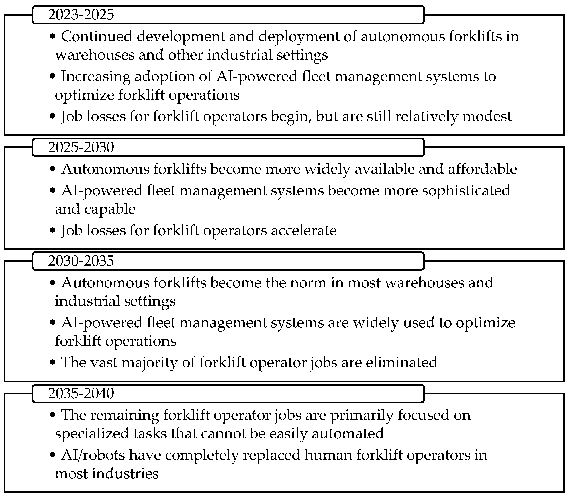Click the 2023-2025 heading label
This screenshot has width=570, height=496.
click(x=81, y=15)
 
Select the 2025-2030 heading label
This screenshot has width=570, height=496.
click(x=81, y=147)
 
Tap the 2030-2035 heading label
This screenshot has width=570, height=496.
click(x=81, y=261)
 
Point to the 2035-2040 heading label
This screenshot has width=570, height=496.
click(x=81, y=393)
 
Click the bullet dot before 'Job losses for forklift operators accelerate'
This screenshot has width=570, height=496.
click(x=53, y=231)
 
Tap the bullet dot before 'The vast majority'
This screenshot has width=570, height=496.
click(x=53, y=363)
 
